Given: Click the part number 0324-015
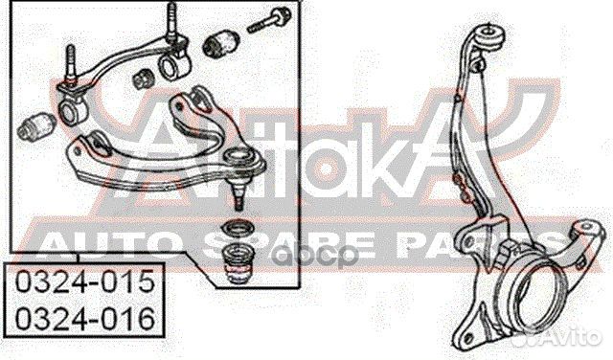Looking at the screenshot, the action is tap(84, 281).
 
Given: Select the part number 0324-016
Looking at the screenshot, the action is tap(84, 318).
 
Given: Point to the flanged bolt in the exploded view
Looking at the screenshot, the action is tap(269, 19).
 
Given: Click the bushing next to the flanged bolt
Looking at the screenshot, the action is tap(221, 42).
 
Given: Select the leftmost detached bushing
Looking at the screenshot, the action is tap(36, 125).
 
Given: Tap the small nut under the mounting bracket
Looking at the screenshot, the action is tap(143, 79).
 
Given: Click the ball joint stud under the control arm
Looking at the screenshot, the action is tap(238, 195).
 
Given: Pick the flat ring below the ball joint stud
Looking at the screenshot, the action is tap(238, 227).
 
